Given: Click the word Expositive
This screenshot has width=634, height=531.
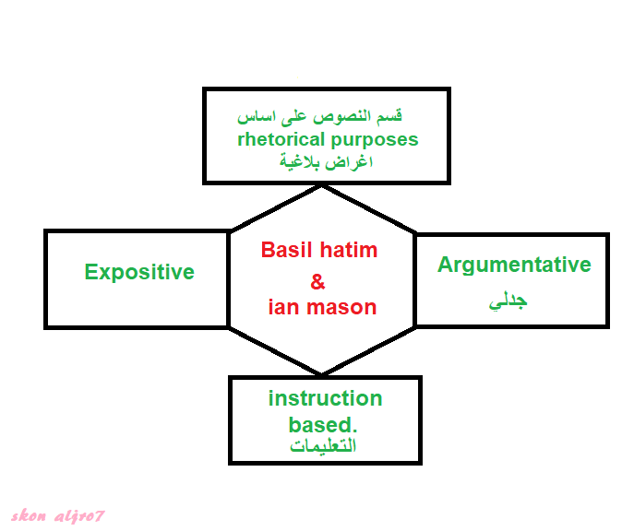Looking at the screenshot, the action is [139, 272].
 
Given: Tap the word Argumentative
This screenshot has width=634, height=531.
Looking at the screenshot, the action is [514, 265].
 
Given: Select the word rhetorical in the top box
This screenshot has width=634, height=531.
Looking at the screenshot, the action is [281, 140].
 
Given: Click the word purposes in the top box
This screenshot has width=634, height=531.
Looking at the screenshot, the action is [374, 141].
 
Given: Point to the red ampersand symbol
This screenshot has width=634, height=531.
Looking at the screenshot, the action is [317, 281].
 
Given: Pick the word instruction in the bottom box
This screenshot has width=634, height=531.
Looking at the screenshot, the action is [325, 398].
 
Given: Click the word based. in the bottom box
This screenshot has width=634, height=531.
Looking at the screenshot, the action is [323, 425].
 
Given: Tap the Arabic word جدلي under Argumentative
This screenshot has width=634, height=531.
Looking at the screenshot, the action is [508, 301].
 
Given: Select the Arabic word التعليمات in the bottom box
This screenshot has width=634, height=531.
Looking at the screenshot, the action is [323, 446].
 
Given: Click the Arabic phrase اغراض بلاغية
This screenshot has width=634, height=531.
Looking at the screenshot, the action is [326, 162].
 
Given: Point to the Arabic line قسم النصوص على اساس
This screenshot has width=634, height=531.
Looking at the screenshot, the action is [319, 117].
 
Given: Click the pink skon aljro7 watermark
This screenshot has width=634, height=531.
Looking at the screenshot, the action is [58, 516].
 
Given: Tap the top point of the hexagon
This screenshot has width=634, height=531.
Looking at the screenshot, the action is [321, 186].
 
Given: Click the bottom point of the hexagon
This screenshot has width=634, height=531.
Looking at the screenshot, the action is [321, 374].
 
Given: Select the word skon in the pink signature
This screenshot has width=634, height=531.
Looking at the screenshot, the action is [29, 515].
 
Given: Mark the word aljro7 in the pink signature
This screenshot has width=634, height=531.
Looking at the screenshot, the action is [79, 516].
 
